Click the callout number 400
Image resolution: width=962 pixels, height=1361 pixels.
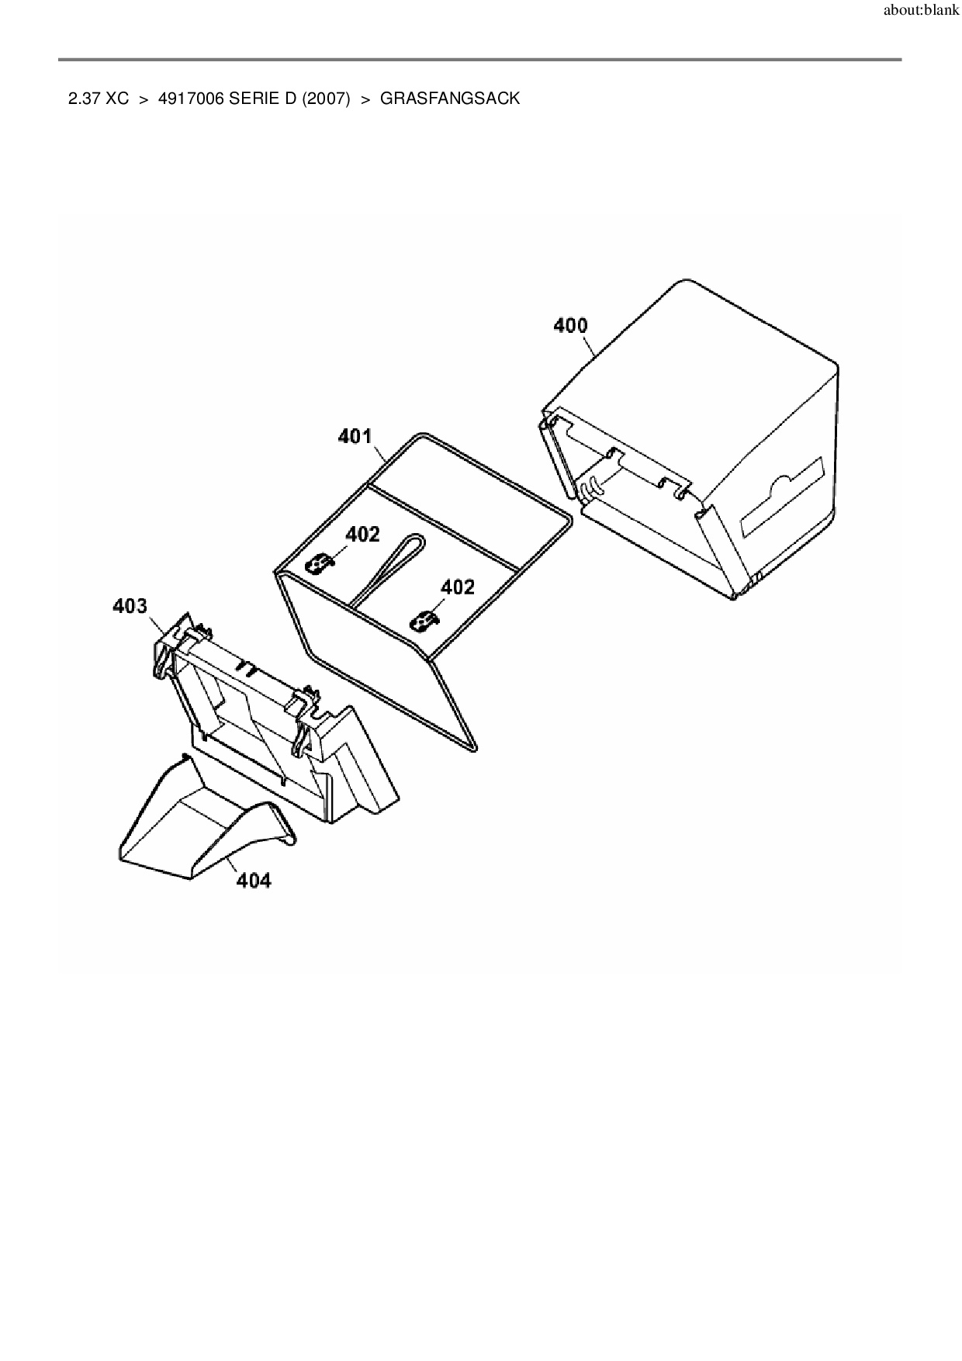click(x=570, y=326)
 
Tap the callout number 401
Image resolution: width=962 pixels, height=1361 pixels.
click(x=355, y=437)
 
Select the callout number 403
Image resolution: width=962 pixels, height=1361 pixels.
click(x=130, y=606)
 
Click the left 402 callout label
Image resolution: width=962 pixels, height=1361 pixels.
click(x=362, y=535)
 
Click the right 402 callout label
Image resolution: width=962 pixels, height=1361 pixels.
click(x=457, y=587)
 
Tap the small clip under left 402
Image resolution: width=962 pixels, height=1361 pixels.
click(x=319, y=563)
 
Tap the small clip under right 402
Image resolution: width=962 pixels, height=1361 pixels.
click(x=424, y=621)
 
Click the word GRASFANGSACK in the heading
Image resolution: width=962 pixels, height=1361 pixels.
click(x=449, y=99)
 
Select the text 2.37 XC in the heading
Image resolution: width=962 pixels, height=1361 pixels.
click(x=99, y=99)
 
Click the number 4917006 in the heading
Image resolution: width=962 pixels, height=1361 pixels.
click(x=191, y=99)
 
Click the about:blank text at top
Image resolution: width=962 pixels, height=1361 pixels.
click(x=921, y=12)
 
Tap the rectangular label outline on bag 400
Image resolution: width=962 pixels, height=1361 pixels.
click(x=782, y=497)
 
